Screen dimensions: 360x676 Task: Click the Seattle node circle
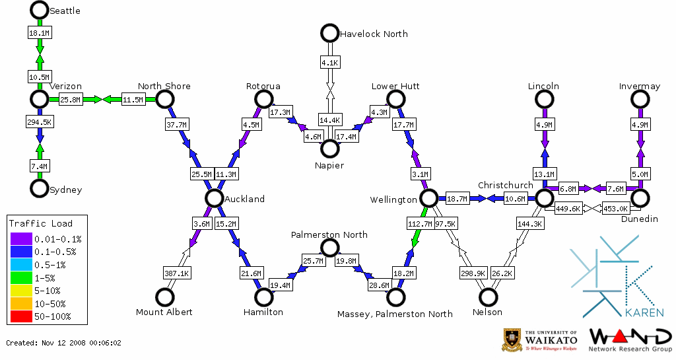(40, 10)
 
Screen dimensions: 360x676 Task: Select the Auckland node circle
(214, 198)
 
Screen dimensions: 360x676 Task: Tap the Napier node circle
(329, 149)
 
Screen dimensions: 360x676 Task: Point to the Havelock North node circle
(329, 32)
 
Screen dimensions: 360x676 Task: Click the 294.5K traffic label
(40, 122)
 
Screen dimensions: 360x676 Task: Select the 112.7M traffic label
(419, 224)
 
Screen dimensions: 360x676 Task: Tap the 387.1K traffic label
(176, 273)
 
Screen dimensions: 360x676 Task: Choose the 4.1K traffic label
(329, 63)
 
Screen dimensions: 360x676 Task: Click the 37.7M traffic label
(176, 124)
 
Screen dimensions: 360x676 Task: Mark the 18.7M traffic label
(457, 198)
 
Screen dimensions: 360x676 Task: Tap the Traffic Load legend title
(41, 223)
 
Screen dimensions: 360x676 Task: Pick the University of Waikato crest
(513, 340)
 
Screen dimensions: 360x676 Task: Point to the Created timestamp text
(63, 343)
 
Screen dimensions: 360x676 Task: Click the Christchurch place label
(505, 185)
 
